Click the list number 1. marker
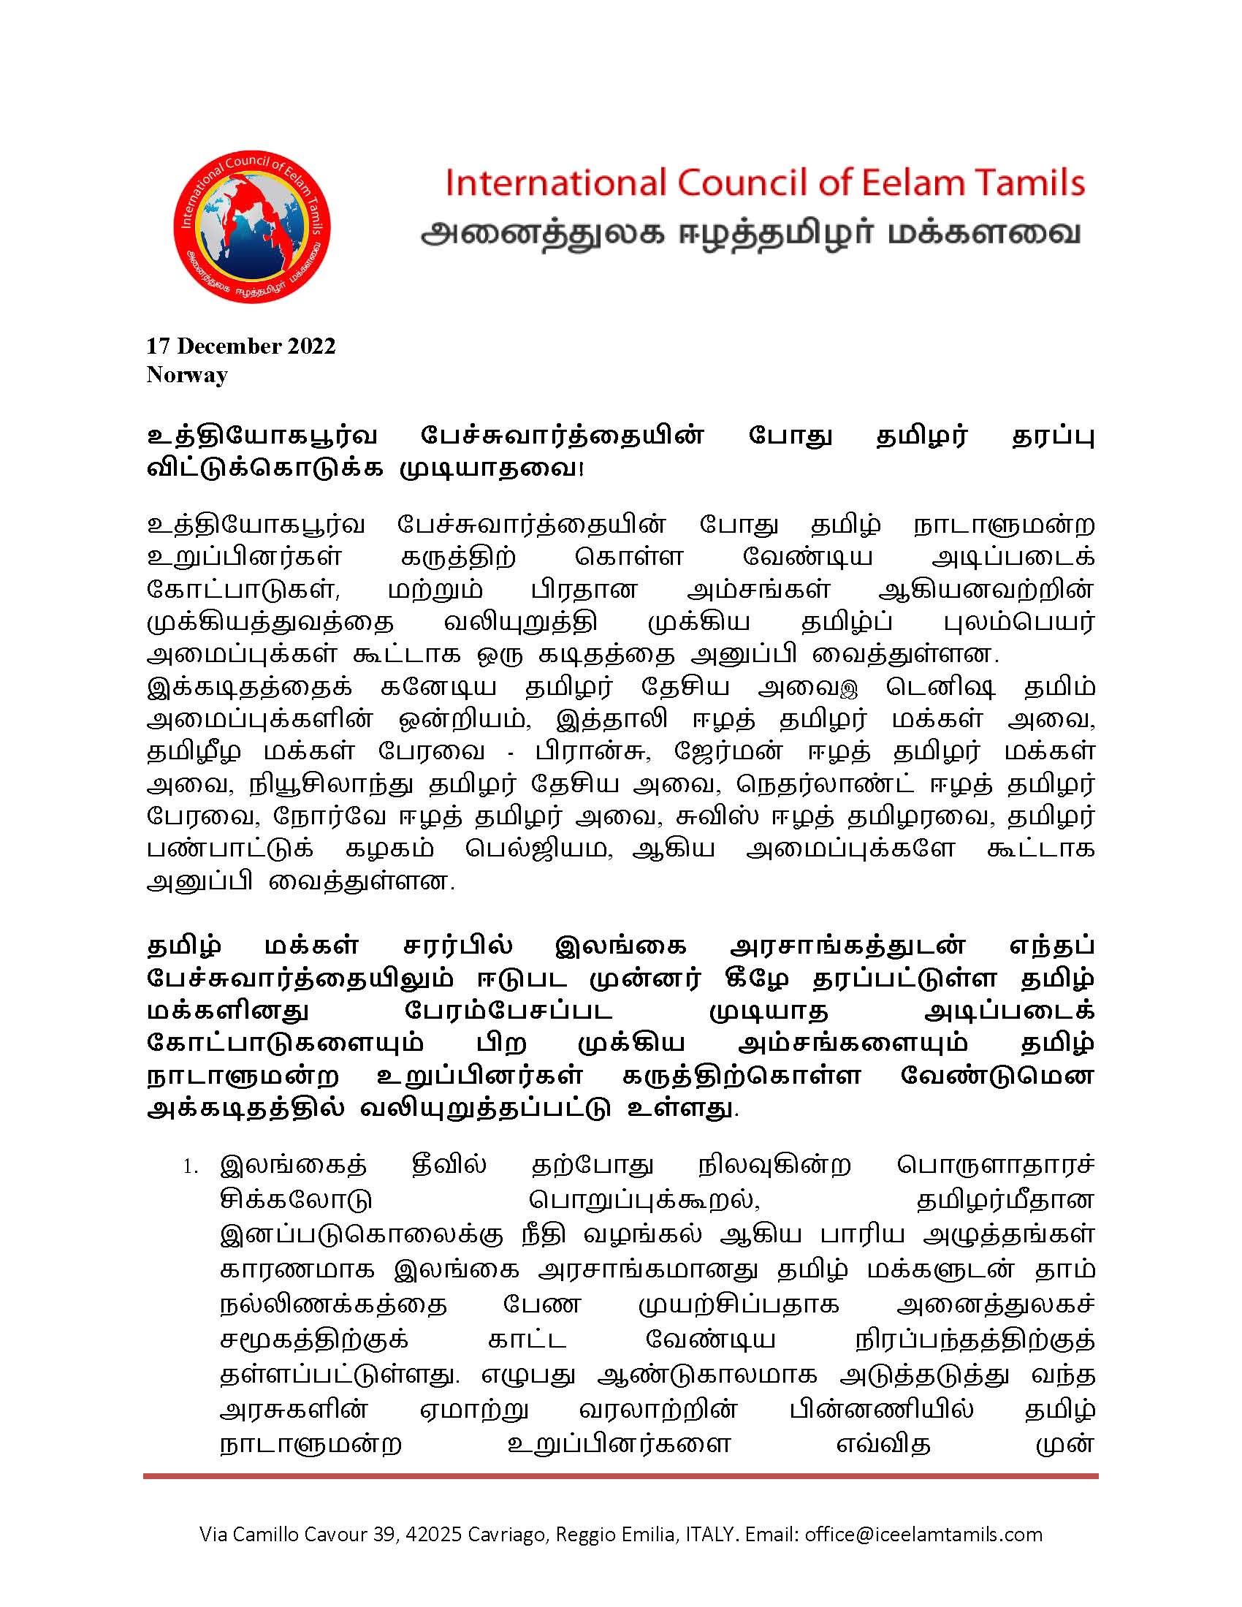click(191, 1167)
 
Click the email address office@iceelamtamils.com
click(923, 1534)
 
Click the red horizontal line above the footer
click(620, 1476)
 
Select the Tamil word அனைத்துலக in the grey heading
click(542, 234)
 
